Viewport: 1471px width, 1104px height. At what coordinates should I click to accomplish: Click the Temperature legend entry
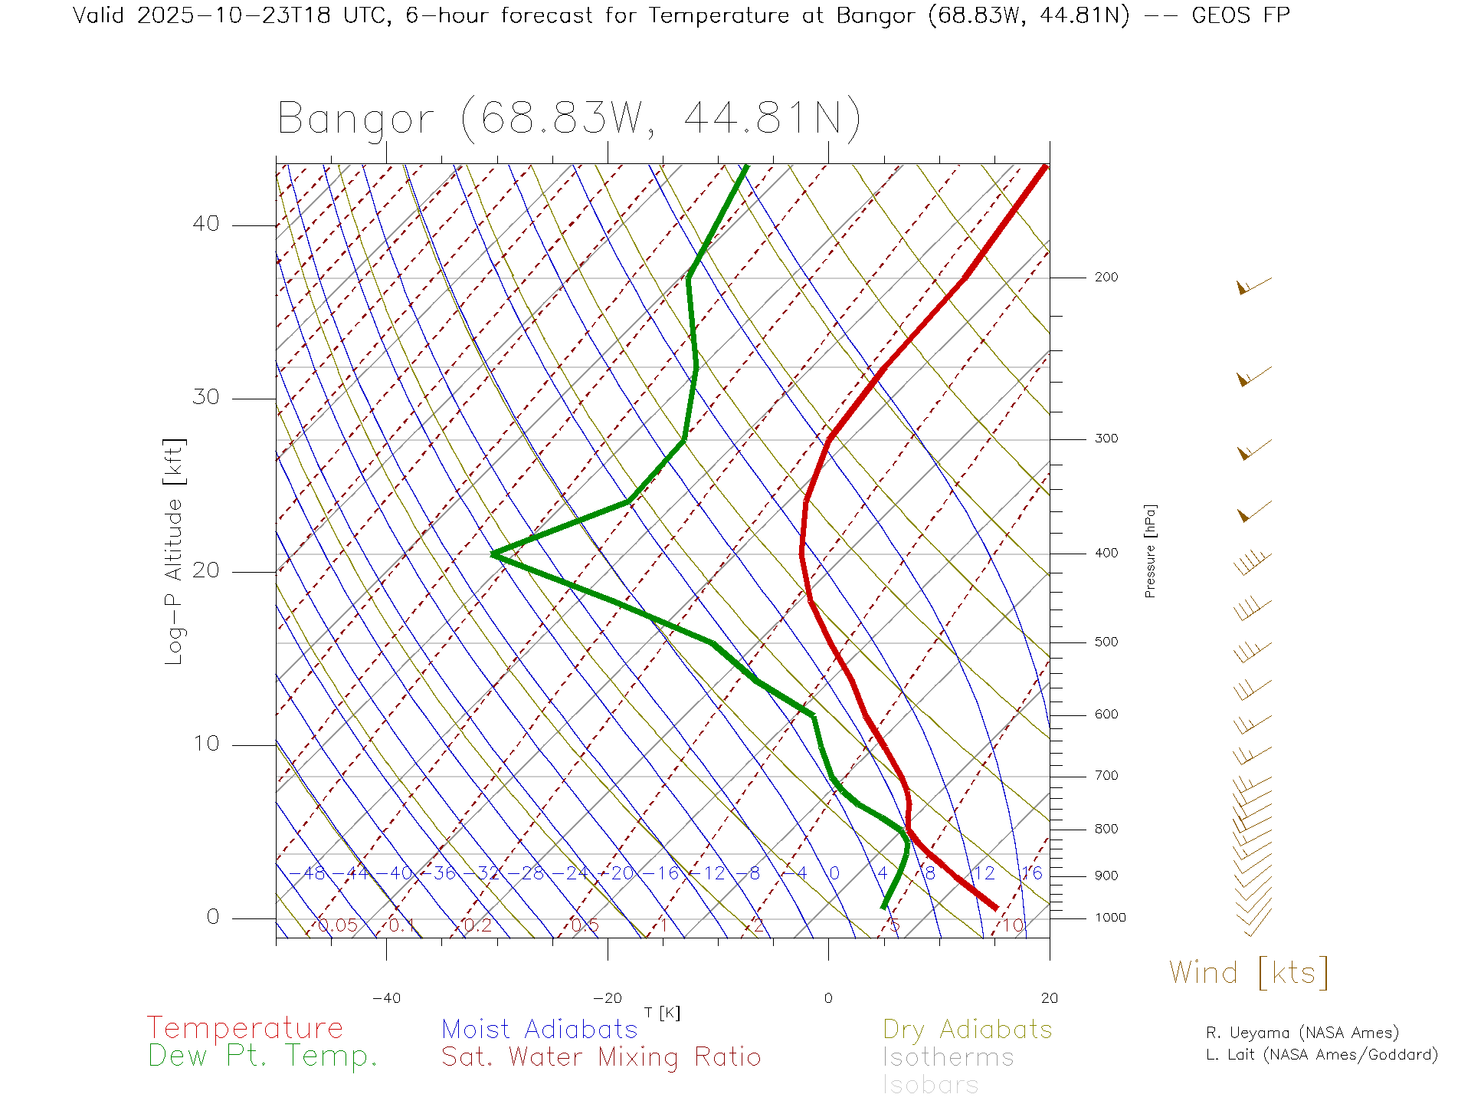[244, 1027]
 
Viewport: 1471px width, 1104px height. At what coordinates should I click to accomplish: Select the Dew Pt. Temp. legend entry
[262, 1056]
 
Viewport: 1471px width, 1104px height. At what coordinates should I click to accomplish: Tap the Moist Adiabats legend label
[539, 1029]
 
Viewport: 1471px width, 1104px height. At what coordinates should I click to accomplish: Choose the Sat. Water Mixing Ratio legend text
[601, 1056]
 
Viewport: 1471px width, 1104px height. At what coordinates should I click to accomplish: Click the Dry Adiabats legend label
[967, 1029]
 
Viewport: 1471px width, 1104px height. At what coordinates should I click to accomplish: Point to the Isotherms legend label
[948, 1057]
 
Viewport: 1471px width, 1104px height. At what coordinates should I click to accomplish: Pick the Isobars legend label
[930, 1085]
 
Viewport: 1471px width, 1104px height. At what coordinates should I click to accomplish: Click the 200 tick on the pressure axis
[1106, 278]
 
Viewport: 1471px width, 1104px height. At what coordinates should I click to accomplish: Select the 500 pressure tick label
[1106, 642]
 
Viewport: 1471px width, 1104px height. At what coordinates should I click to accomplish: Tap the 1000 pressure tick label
[1110, 918]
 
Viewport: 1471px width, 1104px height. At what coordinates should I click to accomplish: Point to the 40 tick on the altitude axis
[205, 224]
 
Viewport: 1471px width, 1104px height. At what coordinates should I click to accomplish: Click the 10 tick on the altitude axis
[205, 744]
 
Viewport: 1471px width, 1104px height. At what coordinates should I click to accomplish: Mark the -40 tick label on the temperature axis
[386, 998]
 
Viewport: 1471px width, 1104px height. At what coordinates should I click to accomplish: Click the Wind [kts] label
[1248, 973]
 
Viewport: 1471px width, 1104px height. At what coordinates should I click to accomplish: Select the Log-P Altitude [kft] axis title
[175, 551]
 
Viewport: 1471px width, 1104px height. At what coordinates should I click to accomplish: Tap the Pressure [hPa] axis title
[1150, 551]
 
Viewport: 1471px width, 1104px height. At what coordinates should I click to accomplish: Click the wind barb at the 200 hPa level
[1253, 286]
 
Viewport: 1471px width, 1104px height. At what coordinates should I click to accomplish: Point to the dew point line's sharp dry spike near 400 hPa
[494, 554]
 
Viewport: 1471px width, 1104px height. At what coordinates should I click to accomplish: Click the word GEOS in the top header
[1222, 15]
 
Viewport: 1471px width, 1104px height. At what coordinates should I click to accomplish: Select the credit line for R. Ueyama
[1302, 1033]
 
